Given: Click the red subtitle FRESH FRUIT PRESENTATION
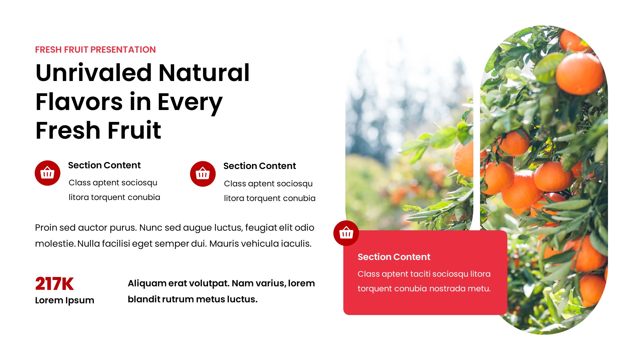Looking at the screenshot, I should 95,50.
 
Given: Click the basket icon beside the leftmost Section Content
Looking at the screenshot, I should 47,173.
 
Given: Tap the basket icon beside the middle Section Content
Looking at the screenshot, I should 203,174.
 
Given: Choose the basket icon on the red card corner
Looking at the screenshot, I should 346,233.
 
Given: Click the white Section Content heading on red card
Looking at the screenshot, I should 394,257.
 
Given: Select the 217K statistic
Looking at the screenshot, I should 54,284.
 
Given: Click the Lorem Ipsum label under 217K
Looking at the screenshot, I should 65,300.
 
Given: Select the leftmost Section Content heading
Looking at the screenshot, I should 104,165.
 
